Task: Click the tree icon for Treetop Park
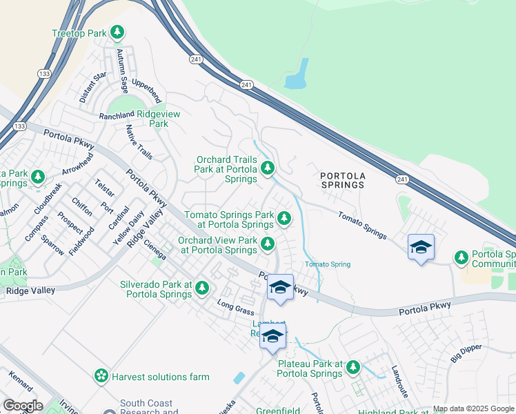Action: pyautogui.click(x=118, y=32)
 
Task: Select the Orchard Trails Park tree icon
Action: pyautogui.click(x=267, y=168)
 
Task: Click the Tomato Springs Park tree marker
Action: pyautogui.click(x=284, y=219)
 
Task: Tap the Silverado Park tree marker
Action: pyautogui.click(x=201, y=288)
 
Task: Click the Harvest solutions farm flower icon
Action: pyautogui.click(x=101, y=376)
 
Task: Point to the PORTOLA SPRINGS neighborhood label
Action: pyautogui.click(x=342, y=180)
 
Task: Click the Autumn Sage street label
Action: pyautogui.click(x=123, y=71)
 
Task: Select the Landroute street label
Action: pyautogui.click(x=399, y=381)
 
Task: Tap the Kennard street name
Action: pyautogui.click(x=21, y=382)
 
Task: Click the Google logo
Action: pyautogui.click(x=23, y=405)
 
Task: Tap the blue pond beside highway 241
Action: pyautogui.click(x=297, y=75)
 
